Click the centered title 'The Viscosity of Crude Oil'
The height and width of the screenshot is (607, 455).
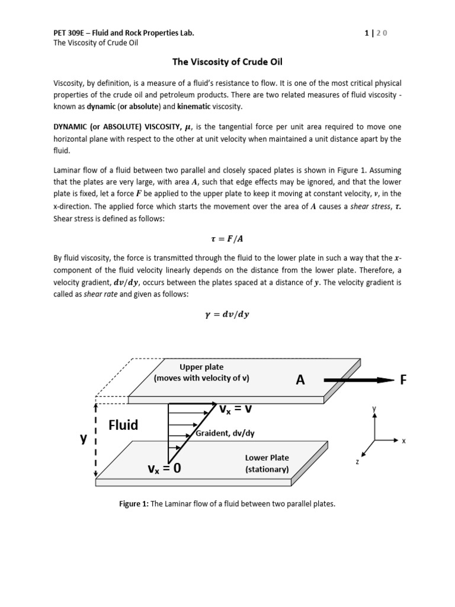click(x=227, y=61)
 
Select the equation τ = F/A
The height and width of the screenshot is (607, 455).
click(x=227, y=238)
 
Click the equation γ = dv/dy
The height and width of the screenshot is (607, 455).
click(x=227, y=315)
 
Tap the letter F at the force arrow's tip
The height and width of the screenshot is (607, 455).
click(x=403, y=380)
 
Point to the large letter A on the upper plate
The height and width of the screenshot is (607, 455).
click(x=300, y=381)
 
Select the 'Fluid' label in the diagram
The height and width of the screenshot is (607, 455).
click(x=123, y=425)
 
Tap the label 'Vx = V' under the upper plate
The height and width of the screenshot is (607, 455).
click(x=236, y=410)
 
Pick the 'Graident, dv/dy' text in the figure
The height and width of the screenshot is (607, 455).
click(x=225, y=433)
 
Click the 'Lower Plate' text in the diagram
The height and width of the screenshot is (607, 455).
click(x=267, y=458)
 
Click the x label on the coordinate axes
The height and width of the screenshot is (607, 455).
click(x=403, y=441)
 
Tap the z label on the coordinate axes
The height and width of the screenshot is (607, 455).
click(x=357, y=461)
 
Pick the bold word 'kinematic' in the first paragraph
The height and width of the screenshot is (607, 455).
click(x=193, y=106)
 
